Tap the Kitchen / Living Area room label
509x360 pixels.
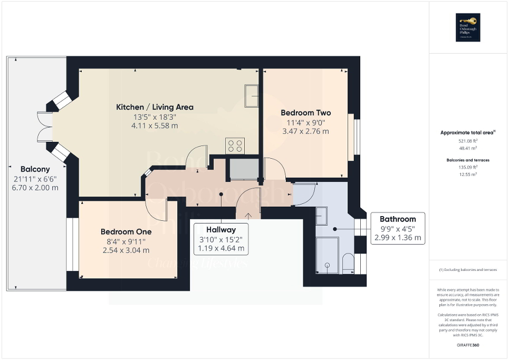(155, 107)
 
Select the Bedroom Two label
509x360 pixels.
(305, 113)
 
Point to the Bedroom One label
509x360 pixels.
(126, 231)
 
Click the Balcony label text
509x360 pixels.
(35, 169)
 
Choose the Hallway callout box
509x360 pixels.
(221, 239)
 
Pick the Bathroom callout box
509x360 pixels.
(398, 228)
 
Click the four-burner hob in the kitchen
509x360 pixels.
(235, 145)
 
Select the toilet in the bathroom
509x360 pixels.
(348, 263)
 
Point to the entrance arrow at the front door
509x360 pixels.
(248, 214)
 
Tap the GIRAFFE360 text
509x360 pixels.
(469, 345)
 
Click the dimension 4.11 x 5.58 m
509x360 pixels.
(155, 126)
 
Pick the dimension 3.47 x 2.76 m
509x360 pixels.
(305, 131)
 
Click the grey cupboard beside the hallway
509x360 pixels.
(242, 170)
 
